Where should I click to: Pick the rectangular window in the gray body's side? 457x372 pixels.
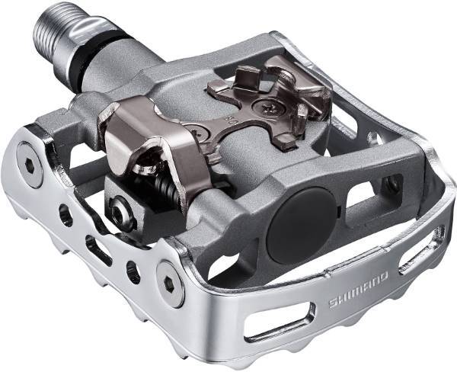point(361,195)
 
